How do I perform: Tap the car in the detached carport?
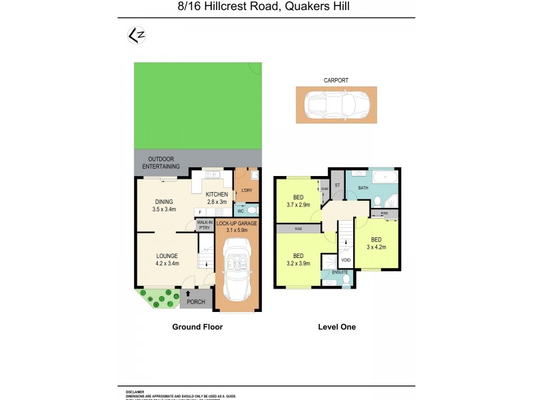(x=336, y=105)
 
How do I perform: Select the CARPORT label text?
(x=336, y=80)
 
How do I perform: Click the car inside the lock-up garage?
(x=237, y=272)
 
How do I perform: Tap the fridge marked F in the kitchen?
(x=201, y=211)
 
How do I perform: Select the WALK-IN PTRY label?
(x=204, y=225)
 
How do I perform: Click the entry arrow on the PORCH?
(x=189, y=293)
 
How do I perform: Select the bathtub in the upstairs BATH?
(x=384, y=177)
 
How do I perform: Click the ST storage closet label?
(x=337, y=185)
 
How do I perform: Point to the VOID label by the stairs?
(x=345, y=260)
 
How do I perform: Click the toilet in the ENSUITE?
(x=344, y=282)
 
